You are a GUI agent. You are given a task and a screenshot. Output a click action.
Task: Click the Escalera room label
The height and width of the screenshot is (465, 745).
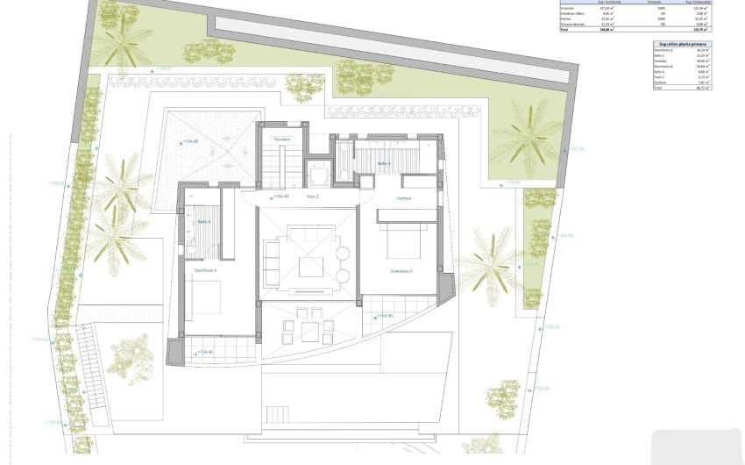click(x=281, y=140)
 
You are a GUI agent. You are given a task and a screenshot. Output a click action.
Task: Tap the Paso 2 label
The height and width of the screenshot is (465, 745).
click(x=312, y=197)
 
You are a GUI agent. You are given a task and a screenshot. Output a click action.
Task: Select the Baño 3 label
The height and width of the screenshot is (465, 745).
click(x=384, y=163)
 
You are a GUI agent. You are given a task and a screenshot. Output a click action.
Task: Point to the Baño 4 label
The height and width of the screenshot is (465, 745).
click(x=203, y=220)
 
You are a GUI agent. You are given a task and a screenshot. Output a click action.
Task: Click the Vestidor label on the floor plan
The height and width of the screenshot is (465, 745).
click(x=403, y=198)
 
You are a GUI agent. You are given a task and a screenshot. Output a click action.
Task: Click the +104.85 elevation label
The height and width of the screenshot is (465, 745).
click(x=188, y=141)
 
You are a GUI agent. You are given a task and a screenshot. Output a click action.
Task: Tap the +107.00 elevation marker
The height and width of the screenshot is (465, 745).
click(x=577, y=149)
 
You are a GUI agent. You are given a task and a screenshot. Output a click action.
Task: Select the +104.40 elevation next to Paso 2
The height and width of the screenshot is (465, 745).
click(x=280, y=197)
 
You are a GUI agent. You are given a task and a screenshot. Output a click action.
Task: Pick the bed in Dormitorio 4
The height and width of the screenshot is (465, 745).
click(x=203, y=298)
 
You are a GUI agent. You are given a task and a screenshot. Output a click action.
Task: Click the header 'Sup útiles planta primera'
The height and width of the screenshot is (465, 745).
click(x=682, y=43)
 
